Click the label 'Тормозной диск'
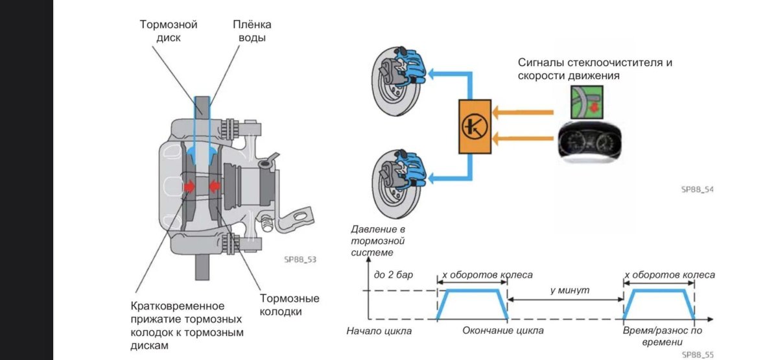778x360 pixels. (169, 31)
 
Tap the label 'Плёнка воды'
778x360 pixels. (252, 31)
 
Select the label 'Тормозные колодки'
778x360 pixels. (289, 305)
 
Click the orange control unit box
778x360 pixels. (475, 126)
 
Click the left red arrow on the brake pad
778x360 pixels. (189, 187)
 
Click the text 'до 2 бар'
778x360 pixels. (393, 275)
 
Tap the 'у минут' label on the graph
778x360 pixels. (569, 290)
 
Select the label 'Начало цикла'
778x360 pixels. (379, 331)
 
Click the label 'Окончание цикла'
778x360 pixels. (503, 331)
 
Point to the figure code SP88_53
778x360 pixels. (300, 259)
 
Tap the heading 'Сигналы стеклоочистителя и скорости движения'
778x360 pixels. (595, 69)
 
